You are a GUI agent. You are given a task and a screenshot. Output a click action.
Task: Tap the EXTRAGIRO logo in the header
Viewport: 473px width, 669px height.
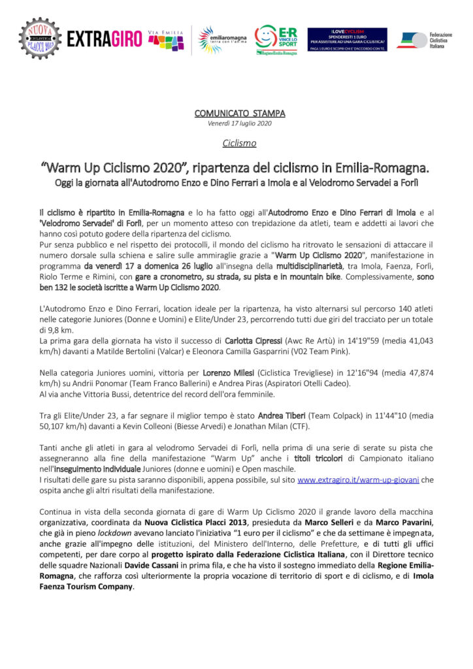pos(104,39)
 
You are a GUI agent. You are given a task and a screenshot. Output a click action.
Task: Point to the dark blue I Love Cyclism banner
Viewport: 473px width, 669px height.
pos(347,40)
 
